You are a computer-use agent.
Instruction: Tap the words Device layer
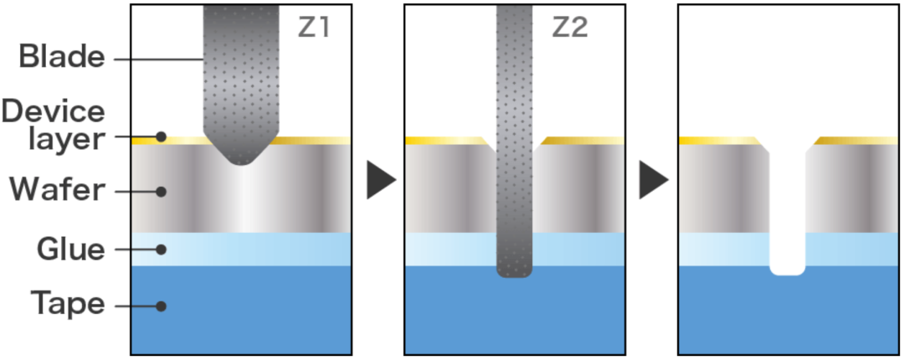54,125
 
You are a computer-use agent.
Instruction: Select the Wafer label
57,191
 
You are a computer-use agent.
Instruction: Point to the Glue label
70,249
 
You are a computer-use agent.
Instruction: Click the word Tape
68,304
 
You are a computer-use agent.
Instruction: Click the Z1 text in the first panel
314,28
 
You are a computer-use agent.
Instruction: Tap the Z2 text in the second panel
570,28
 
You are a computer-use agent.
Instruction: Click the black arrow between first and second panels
380,180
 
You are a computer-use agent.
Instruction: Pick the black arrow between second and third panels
653,180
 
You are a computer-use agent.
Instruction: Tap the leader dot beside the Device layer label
162,136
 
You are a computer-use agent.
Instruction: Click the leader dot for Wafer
162,192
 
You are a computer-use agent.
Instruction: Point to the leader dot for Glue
162,249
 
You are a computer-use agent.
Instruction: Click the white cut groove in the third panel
787,218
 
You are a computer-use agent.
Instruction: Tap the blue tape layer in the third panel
787,314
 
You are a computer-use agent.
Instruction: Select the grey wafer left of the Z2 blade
448,188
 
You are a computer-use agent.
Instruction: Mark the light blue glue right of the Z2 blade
578,249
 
